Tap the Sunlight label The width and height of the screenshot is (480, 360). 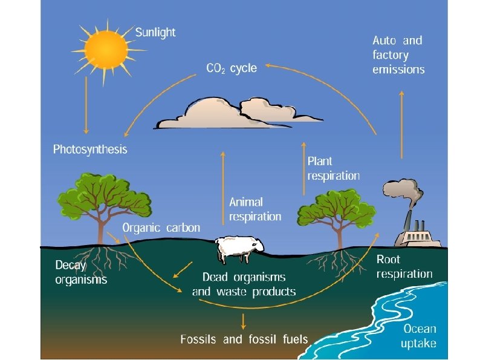click(155, 32)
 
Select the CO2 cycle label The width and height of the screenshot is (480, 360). click(232, 68)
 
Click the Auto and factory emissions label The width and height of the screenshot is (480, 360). click(398, 55)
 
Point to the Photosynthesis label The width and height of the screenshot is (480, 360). click(90, 149)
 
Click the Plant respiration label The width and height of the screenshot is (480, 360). click(333, 169)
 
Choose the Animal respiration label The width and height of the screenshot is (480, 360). click(255, 209)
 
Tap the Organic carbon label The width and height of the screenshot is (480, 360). click(161, 227)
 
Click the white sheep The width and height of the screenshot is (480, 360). click(240, 248)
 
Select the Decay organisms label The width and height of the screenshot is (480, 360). click(81, 272)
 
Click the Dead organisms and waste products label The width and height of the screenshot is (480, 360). click(244, 284)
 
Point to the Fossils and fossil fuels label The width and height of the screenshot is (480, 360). click(244, 339)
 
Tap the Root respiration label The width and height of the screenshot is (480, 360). click(404, 267)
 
